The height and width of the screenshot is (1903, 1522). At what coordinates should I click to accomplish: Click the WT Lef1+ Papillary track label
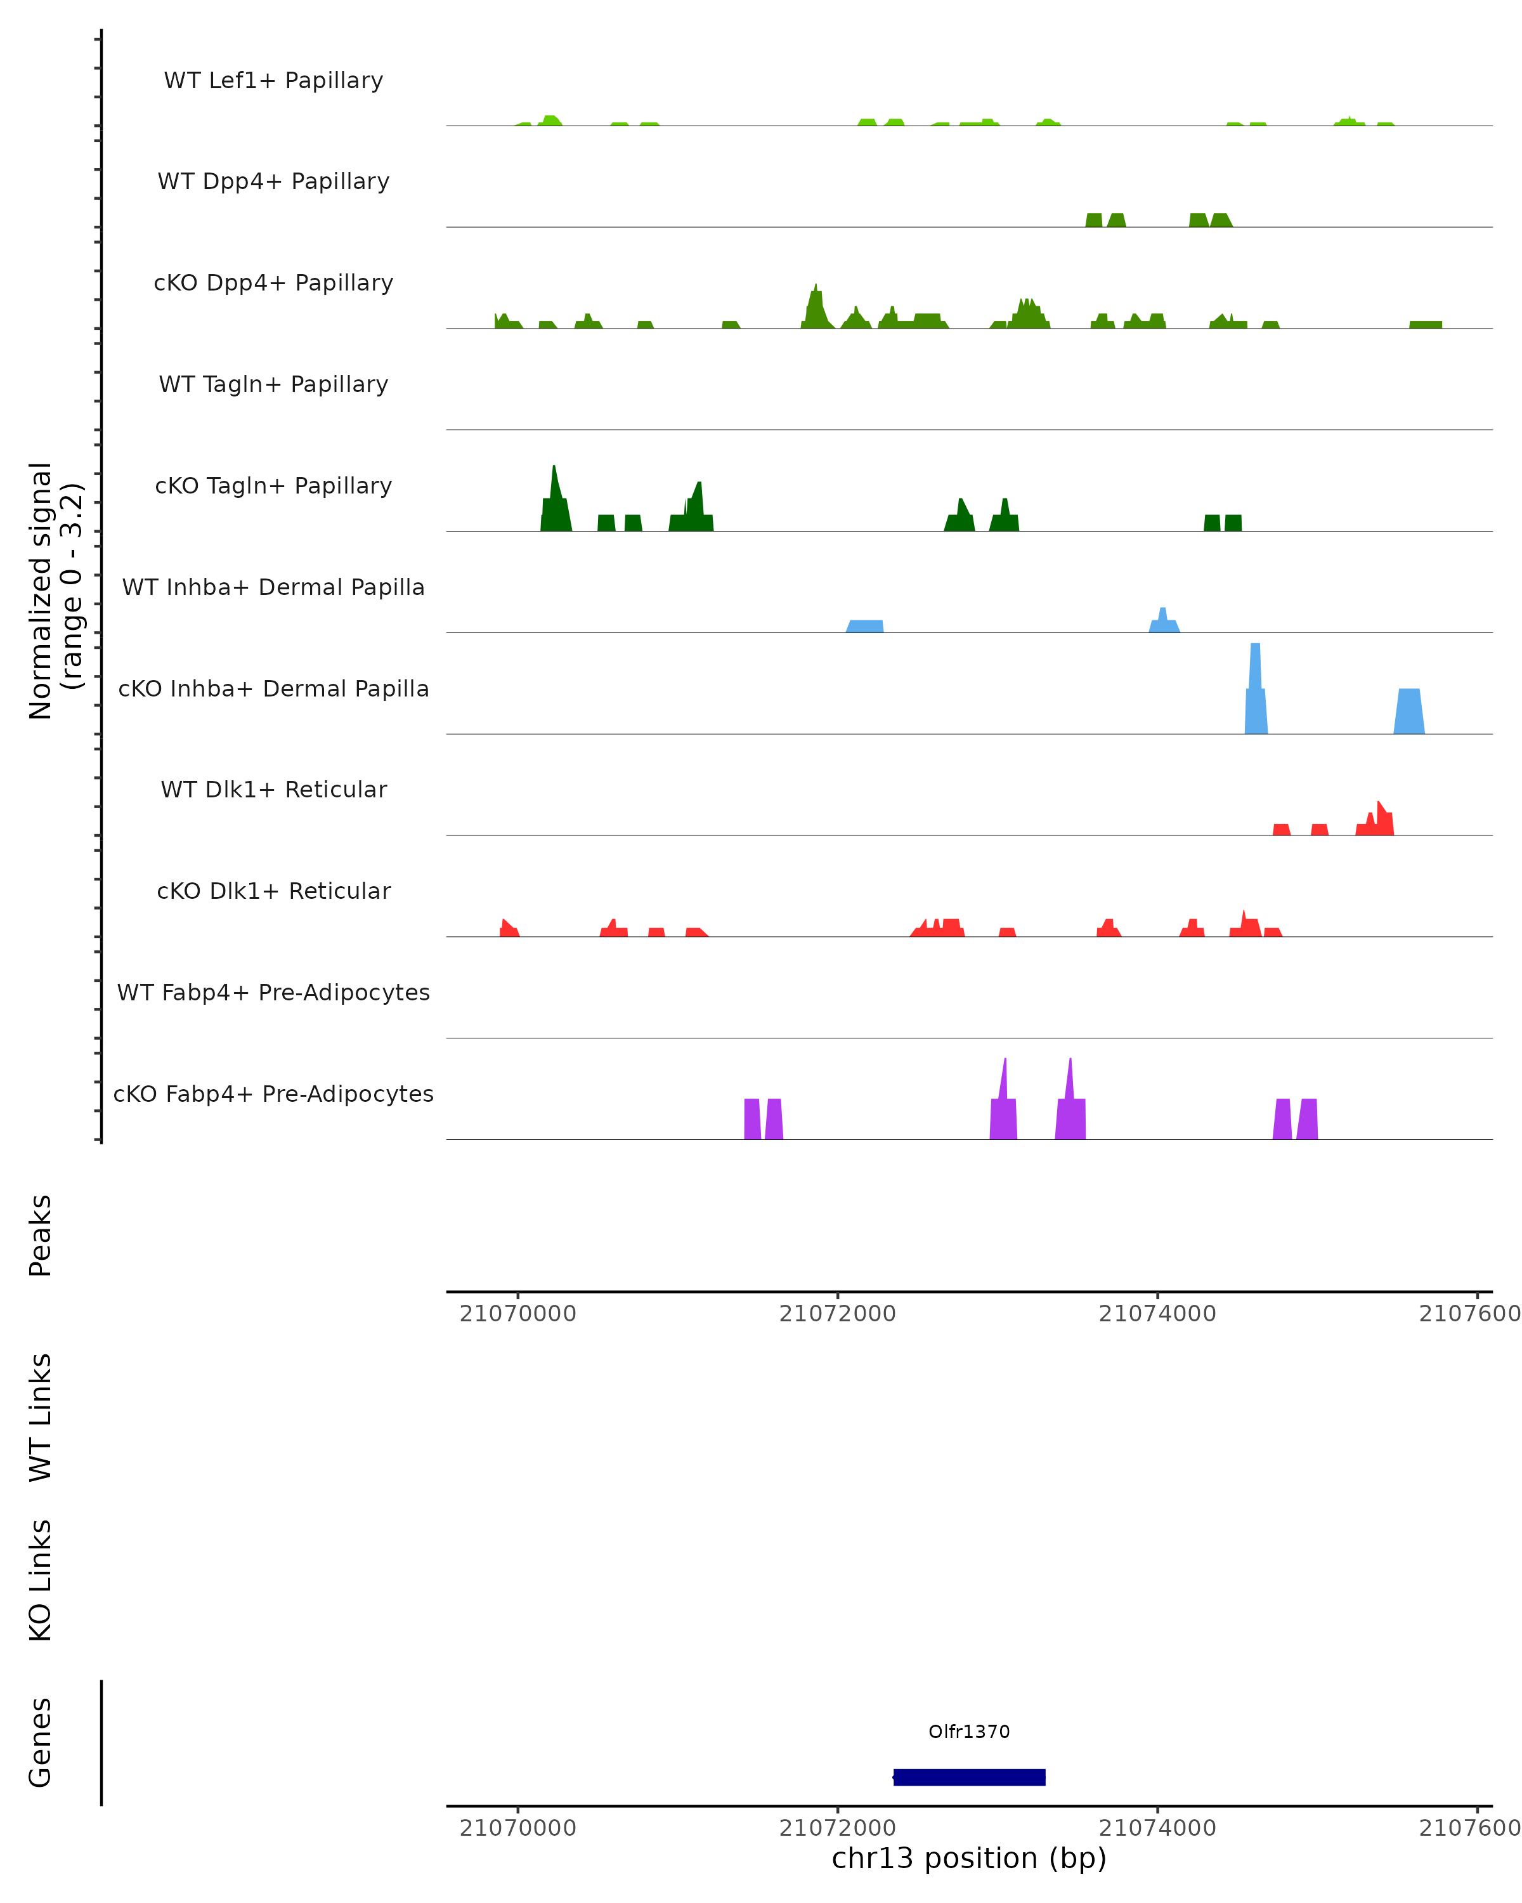[273, 81]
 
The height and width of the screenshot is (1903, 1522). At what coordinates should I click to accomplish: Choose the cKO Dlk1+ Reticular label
[273, 891]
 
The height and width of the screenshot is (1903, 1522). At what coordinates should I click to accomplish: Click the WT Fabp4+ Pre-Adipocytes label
[273, 992]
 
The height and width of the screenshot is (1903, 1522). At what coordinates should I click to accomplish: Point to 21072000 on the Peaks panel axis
[837, 1314]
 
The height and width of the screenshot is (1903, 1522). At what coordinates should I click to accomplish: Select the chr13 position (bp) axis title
[969, 1858]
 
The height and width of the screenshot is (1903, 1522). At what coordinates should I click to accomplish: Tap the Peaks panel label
[41, 1235]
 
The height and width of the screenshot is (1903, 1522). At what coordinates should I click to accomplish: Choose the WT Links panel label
[41, 1416]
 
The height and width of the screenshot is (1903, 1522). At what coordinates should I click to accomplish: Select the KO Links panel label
[41, 1580]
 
